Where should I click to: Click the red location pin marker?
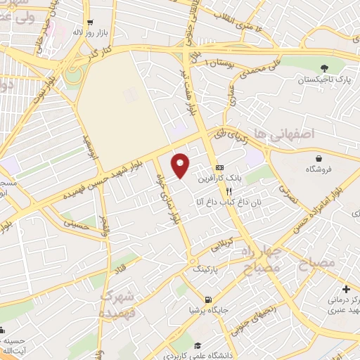(x=181, y=164)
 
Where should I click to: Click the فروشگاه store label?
(x=320, y=169)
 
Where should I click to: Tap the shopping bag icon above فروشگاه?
(x=320, y=157)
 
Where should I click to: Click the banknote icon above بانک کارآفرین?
(x=220, y=168)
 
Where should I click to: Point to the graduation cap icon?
(x=199, y=345)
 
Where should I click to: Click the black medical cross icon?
(x=345, y=289)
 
